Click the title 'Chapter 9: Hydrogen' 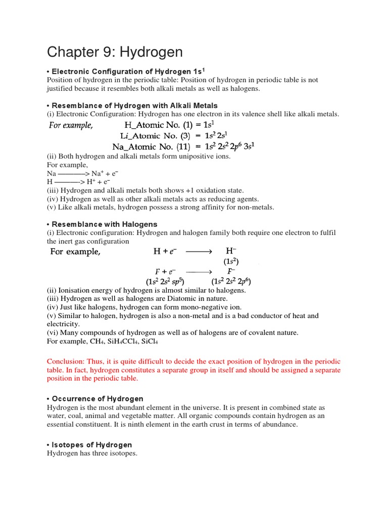tap(115, 52)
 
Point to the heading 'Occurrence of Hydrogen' tap(96, 398)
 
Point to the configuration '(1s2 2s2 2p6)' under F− tap(231, 281)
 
